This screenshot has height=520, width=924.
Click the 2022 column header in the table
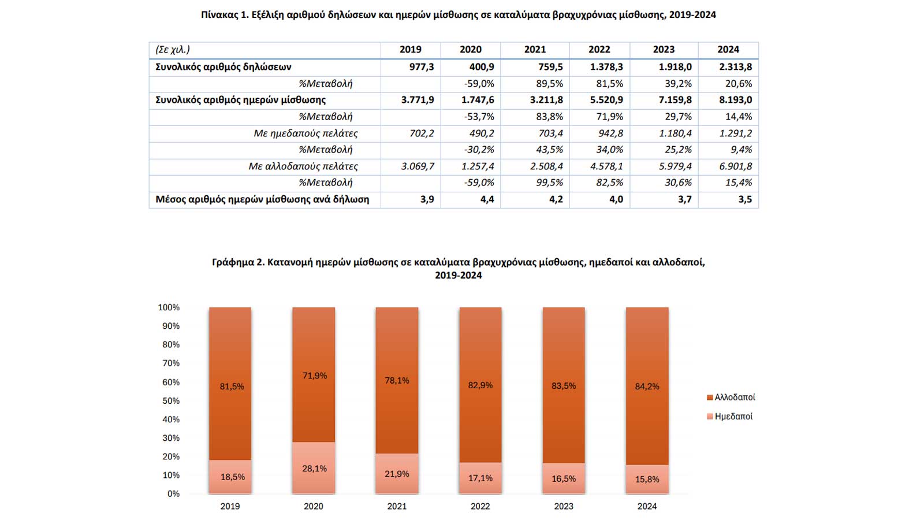599,50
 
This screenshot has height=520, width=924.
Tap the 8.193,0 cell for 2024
735,100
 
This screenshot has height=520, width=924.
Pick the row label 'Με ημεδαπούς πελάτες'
305,133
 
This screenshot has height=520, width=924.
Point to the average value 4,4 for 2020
487,199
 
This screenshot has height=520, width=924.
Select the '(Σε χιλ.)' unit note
173,50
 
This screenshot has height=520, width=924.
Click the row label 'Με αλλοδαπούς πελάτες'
303,166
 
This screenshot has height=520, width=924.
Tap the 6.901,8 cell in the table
735,166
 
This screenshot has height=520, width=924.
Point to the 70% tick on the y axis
171,363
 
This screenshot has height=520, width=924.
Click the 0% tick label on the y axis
173,494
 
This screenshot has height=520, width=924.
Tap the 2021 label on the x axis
397,506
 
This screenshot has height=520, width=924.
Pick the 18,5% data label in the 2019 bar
232,477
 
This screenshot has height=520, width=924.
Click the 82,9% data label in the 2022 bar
480,385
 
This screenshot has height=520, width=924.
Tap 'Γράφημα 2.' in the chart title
238,262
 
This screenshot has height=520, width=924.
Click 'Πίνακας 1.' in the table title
225,15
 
